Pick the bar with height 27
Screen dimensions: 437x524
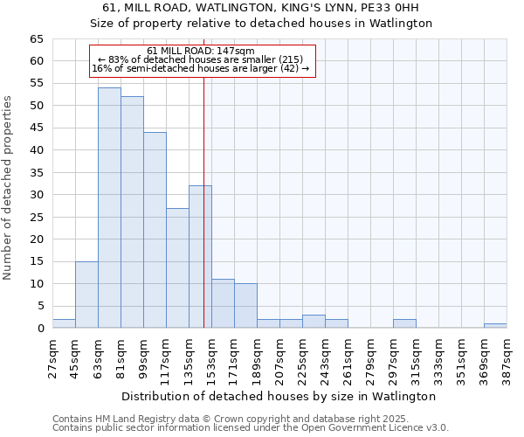tap(177, 267)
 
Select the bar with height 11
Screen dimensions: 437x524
tap(223, 303)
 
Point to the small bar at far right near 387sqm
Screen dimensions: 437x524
tap(495, 326)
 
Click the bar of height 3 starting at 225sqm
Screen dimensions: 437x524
tap(314, 322)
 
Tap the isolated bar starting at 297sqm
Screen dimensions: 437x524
tap(404, 323)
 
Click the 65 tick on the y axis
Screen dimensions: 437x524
tap(36, 39)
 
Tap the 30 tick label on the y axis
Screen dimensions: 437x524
tap(36, 195)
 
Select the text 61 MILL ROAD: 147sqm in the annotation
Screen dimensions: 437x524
tap(201, 51)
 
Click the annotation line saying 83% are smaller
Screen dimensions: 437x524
tap(201, 59)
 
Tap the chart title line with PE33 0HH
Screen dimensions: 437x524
tap(262, 8)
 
